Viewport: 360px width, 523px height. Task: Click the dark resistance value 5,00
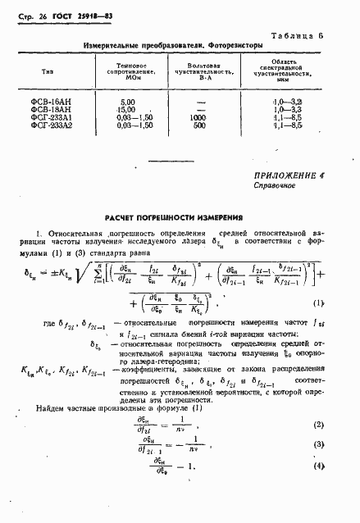pyautogui.click(x=125, y=124)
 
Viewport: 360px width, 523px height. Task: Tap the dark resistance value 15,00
pyautogui.click(x=125, y=131)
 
